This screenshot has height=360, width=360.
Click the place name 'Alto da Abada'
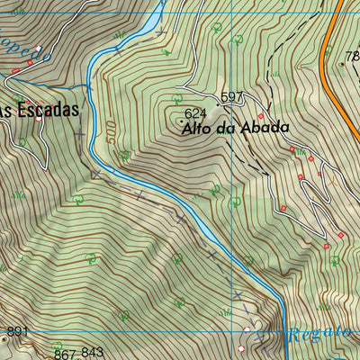click(x=229, y=128)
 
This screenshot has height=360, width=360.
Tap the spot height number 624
click(x=195, y=114)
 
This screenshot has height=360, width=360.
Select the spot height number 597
click(x=232, y=97)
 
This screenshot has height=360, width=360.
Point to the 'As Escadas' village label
click(x=38, y=110)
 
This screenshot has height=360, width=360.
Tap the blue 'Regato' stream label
click(x=319, y=334)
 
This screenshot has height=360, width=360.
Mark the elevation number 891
click(x=16, y=332)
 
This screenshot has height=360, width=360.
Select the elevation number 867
click(x=64, y=354)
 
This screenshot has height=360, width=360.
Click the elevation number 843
click(x=93, y=352)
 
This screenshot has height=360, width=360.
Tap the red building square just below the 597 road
click(x=262, y=116)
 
